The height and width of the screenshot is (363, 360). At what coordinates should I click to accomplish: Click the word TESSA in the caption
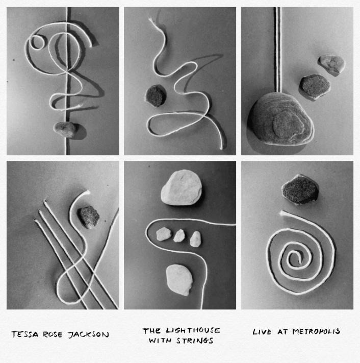[25, 334]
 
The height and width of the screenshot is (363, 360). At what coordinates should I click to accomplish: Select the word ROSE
[53, 334]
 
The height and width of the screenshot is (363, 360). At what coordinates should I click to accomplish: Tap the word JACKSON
[88, 335]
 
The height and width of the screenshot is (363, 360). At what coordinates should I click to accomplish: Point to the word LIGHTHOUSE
[193, 330]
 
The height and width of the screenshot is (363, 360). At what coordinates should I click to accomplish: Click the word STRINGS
[195, 341]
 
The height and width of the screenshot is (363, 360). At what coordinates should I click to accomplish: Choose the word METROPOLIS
[316, 331]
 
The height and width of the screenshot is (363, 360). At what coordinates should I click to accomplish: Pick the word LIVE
[262, 332]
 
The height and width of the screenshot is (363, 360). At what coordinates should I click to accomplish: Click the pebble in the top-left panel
[65, 129]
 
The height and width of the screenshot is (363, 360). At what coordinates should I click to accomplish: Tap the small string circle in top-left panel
[37, 42]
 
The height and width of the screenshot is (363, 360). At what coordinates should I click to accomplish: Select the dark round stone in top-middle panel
[156, 95]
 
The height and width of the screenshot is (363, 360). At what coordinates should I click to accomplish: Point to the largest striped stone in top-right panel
[281, 118]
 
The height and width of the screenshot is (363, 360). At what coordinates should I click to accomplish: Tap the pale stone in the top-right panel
[331, 64]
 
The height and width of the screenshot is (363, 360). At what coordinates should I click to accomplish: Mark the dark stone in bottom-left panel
[89, 217]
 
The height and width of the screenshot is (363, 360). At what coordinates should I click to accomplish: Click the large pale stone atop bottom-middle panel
[181, 187]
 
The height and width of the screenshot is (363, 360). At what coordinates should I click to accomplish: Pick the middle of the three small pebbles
[179, 236]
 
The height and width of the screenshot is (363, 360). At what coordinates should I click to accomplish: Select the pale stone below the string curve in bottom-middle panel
[179, 280]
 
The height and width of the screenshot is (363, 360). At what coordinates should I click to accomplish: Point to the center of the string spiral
[298, 257]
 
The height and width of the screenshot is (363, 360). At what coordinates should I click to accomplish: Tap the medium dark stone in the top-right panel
[315, 86]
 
